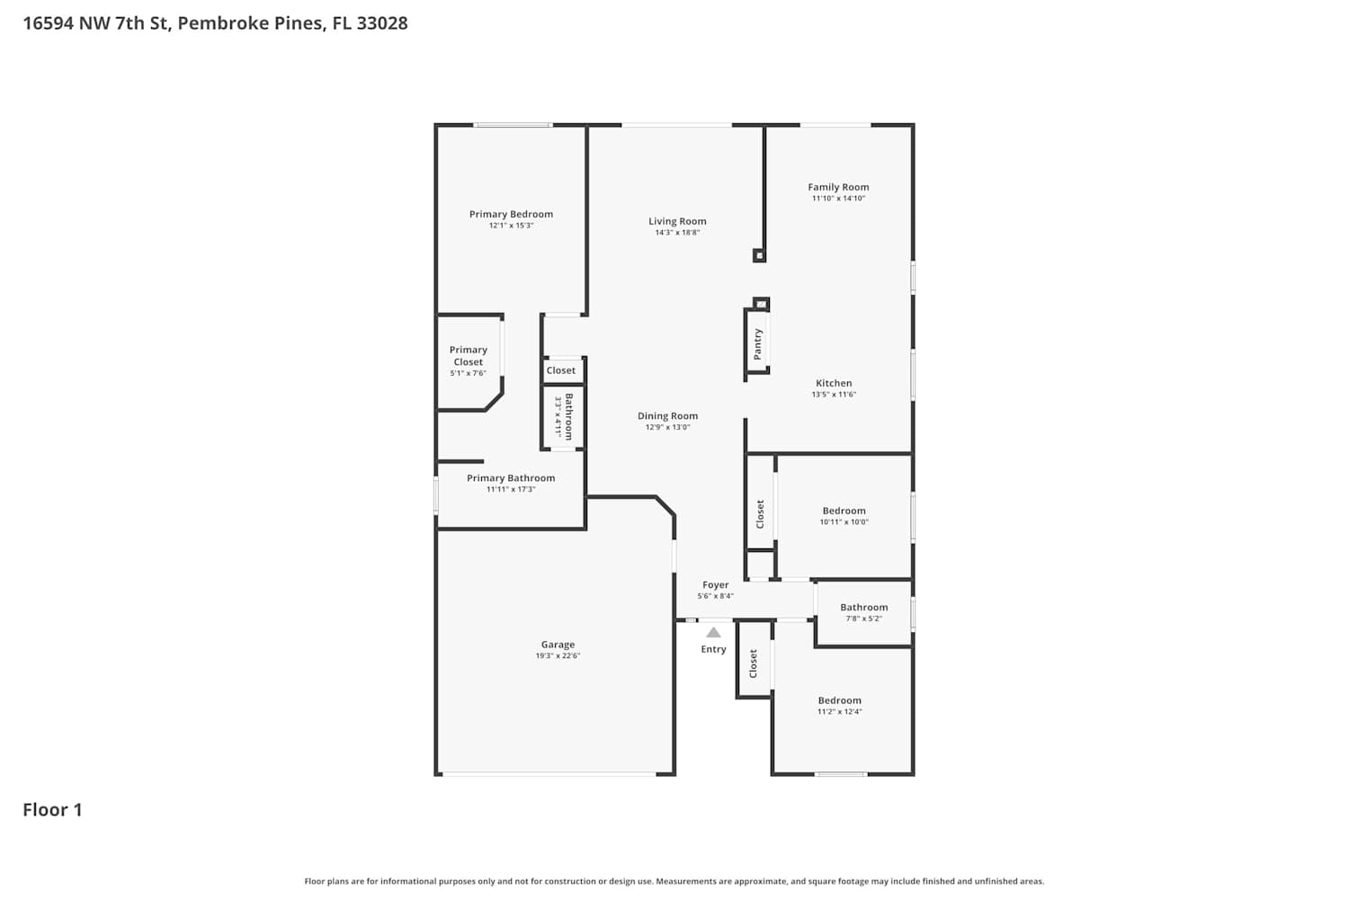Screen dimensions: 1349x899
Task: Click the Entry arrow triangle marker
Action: coord(713,632)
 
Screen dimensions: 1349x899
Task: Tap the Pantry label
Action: coord(757,344)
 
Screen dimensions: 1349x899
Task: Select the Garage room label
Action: coord(558,645)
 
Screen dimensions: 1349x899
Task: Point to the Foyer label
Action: coord(716,584)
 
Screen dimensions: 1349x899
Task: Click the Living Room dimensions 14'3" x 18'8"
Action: coord(677,233)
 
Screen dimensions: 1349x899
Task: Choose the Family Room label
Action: coord(838,187)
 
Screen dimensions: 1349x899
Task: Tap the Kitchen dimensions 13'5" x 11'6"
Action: coord(834,395)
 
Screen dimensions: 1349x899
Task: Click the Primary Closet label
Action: coord(468,356)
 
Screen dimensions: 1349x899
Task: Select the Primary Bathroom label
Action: coord(511,478)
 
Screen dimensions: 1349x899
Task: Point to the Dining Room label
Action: coord(668,416)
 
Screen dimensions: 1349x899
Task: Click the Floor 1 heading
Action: coord(52,810)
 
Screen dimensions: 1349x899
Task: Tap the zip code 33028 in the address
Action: coord(382,22)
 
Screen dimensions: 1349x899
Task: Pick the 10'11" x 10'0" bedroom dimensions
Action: coord(844,522)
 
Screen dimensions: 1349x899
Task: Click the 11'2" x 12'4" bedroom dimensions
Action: coord(839,712)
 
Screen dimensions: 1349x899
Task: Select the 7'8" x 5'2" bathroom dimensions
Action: coord(863,619)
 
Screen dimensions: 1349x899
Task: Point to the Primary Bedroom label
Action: coord(511,214)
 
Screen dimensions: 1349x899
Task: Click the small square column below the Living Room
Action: coord(759,256)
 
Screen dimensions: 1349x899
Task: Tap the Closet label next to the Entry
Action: coord(753,663)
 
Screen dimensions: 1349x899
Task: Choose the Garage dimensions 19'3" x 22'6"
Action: coord(558,655)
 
